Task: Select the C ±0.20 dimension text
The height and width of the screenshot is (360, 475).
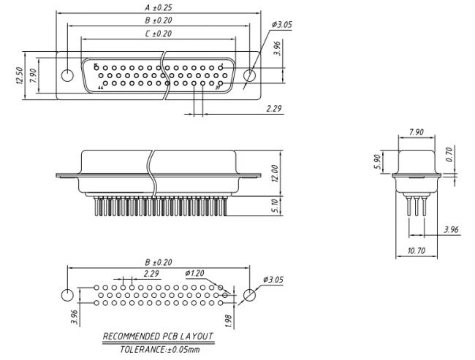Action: coord(159,34)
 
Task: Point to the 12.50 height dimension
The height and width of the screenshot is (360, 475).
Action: coord(18,75)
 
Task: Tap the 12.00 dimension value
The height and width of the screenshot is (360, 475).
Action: coord(275,174)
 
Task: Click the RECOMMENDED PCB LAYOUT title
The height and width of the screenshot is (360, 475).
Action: coord(159,337)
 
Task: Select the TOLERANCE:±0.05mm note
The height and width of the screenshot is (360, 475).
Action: coord(159,350)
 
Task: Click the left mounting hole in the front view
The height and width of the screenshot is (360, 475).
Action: coord(67,76)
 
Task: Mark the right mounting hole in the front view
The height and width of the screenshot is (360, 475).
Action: coord(250,76)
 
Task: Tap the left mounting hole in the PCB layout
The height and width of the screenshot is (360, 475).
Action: coord(67,295)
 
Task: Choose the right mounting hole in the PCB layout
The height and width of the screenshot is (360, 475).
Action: coord(250,295)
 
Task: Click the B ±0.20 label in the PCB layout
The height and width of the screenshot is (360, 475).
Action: coord(159,261)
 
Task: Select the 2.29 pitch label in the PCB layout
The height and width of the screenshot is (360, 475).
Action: coord(151,274)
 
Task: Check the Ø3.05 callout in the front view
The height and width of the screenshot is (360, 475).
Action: coord(282,25)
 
